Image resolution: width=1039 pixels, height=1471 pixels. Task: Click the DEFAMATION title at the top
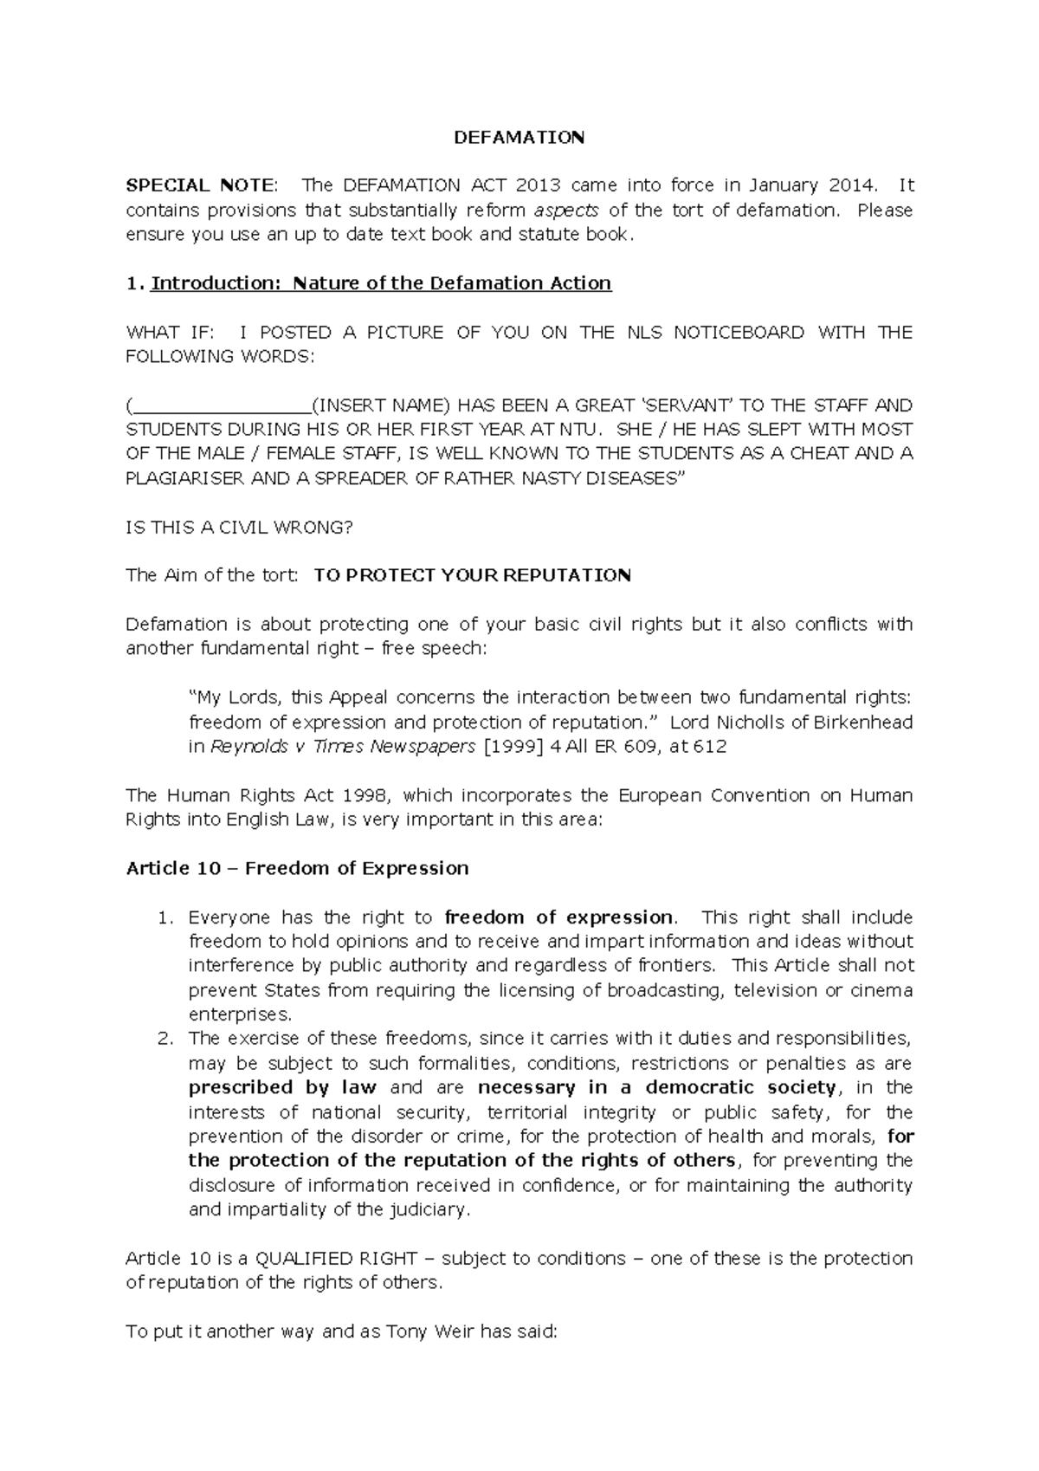(519, 138)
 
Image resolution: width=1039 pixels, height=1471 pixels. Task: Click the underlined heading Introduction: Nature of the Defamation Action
(381, 283)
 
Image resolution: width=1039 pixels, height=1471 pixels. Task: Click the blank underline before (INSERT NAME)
(222, 405)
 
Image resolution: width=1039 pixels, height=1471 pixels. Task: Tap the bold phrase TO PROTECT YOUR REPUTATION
(472, 575)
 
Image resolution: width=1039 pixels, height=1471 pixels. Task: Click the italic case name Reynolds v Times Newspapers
(343, 746)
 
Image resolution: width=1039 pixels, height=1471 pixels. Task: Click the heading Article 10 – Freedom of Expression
(297, 868)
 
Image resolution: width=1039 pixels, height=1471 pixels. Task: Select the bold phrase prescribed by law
(282, 1087)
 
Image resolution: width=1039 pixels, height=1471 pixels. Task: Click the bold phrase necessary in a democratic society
(656, 1087)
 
